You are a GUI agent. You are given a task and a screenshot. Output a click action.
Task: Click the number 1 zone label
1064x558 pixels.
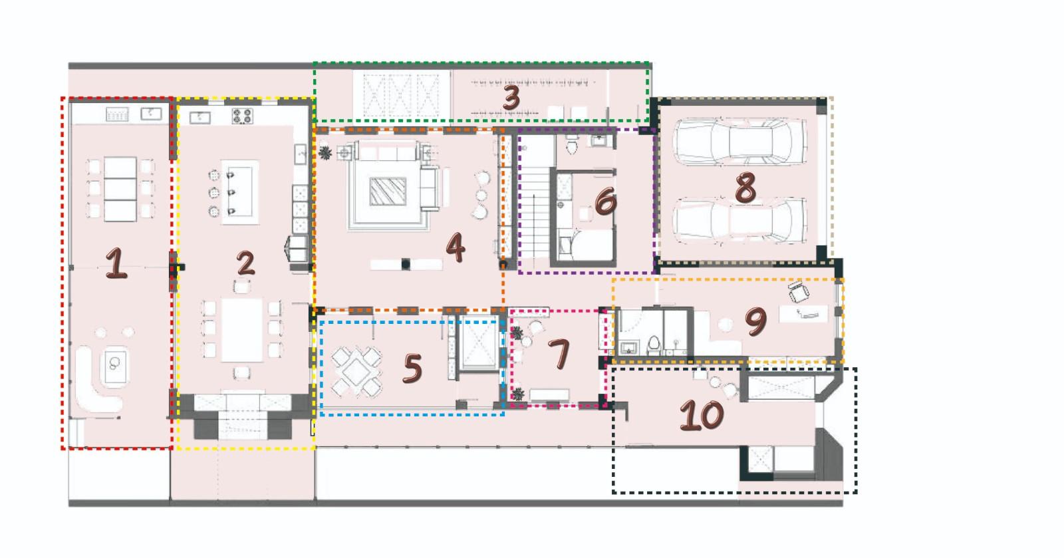[x=116, y=263]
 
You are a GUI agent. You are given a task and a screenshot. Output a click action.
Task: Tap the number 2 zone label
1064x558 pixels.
[x=245, y=263]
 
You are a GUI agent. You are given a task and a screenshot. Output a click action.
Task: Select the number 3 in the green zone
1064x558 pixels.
[x=511, y=98]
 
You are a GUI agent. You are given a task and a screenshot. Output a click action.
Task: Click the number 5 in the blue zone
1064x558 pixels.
[x=412, y=368]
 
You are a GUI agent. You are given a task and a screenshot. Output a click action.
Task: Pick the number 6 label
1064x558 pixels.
[x=606, y=201]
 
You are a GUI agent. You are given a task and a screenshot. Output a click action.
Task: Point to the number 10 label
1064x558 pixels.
[x=702, y=415]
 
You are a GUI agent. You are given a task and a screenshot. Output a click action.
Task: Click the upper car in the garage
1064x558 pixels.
[x=740, y=141]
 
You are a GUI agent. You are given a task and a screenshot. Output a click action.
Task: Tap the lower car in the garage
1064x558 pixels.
[x=740, y=221]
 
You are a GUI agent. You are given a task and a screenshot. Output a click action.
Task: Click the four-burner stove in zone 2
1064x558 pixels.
[x=242, y=116]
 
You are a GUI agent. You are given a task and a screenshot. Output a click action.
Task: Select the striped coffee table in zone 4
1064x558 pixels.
[x=388, y=192]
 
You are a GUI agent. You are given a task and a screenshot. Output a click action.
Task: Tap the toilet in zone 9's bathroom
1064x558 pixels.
[x=654, y=346]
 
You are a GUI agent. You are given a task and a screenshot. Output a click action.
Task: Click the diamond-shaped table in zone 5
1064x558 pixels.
[x=356, y=372]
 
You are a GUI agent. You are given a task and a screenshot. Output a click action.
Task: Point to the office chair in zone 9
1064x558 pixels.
[x=799, y=291]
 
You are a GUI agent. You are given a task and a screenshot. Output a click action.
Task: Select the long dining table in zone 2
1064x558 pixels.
[x=242, y=330]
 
